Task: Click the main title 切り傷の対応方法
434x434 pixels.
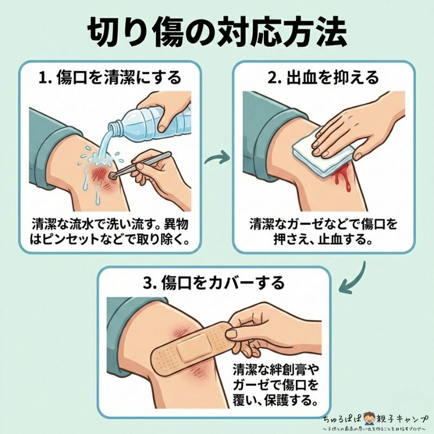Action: click(216, 31)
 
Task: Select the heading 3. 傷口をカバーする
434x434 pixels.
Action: click(215, 283)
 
